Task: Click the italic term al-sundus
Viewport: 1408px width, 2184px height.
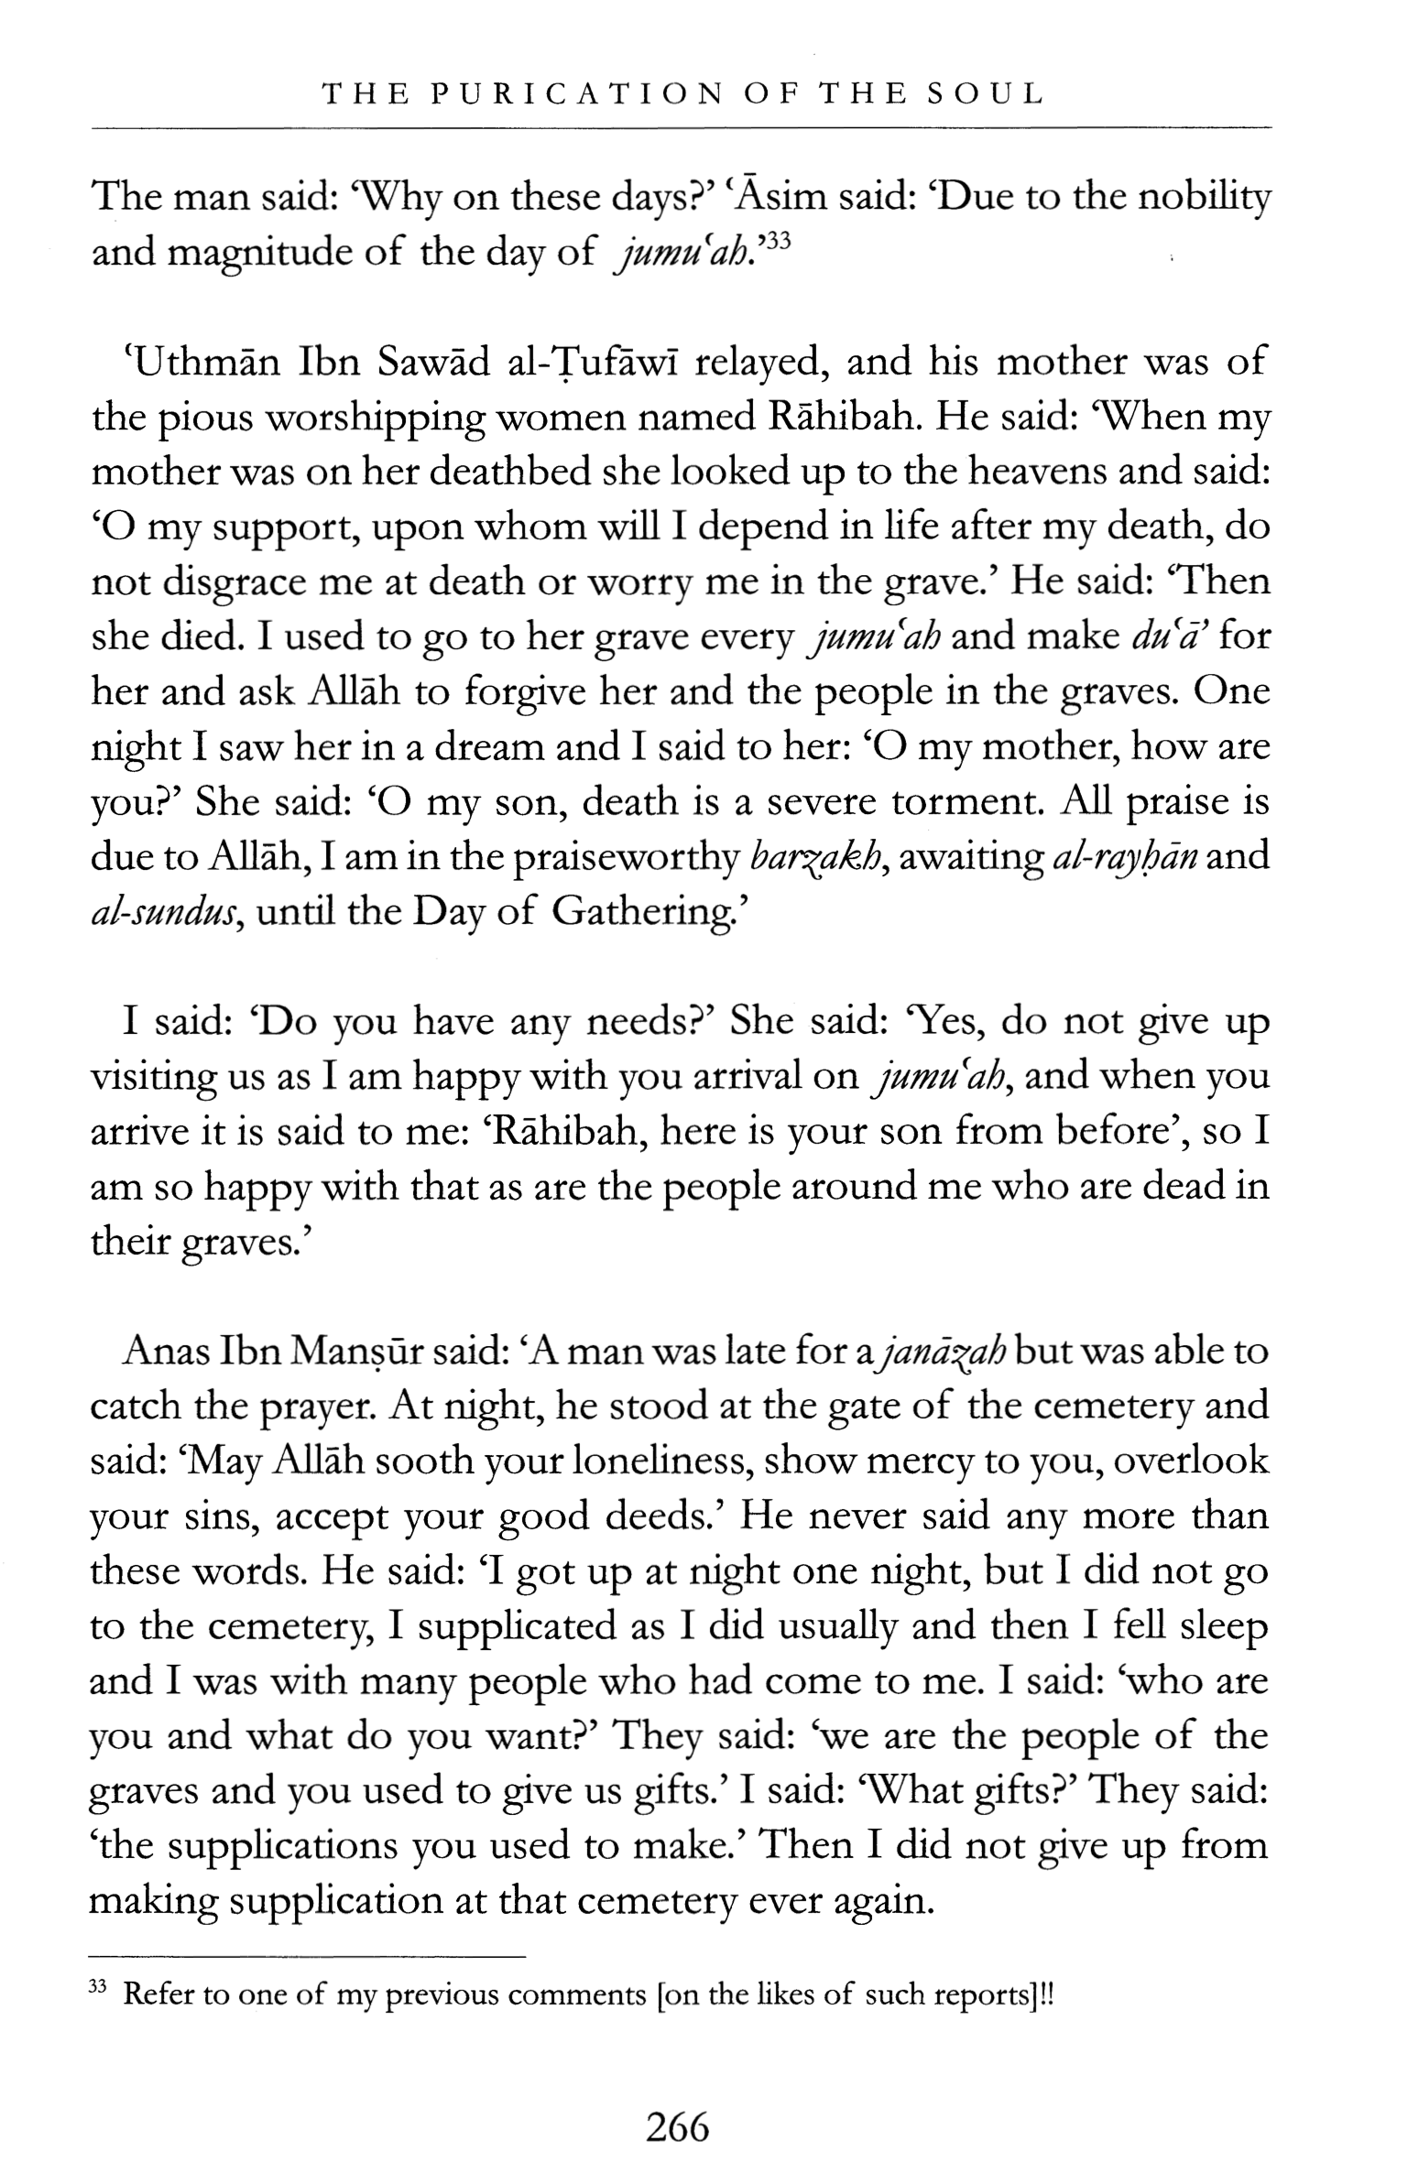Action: click(x=167, y=913)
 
